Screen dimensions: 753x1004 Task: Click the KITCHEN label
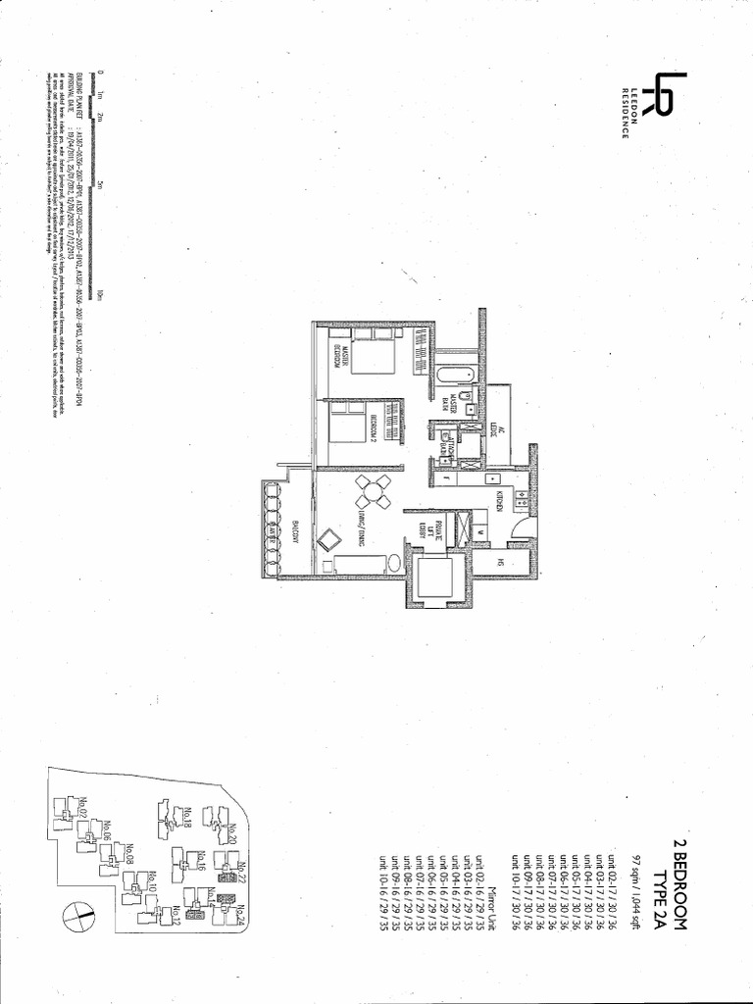pos(499,495)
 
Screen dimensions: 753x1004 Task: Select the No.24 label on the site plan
pos(240,916)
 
